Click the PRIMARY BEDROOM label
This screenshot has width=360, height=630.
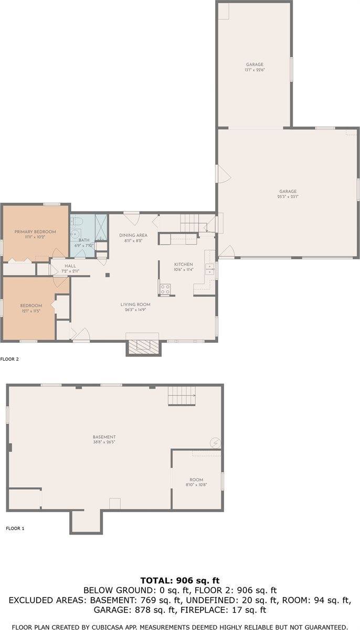(x=35, y=232)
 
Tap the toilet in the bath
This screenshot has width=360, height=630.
(x=75, y=220)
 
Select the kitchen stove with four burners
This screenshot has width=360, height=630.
(x=165, y=288)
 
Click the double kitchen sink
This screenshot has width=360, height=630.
(x=210, y=269)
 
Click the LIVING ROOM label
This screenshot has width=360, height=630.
(x=135, y=304)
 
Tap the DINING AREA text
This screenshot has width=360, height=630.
(x=133, y=235)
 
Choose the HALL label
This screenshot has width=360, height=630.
(x=70, y=266)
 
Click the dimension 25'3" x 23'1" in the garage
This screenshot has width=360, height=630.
(x=288, y=197)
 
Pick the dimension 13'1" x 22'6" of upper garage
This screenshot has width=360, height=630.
(x=254, y=70)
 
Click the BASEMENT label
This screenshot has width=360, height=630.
(x=104, y=437)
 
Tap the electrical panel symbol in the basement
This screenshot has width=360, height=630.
(x=215, y=443)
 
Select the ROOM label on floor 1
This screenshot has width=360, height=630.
(x=196, y=480)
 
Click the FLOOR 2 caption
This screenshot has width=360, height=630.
(x=9, y=360)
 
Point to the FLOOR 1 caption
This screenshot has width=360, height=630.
(x=15, y=528)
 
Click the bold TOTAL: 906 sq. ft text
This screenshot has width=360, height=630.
(x=180, y=581)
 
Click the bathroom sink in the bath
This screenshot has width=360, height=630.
(x=76, y=234)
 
